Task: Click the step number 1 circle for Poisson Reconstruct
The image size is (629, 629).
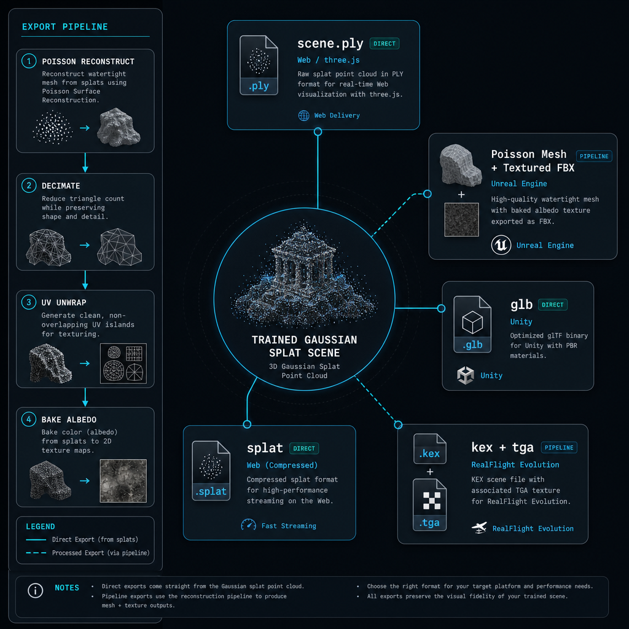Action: (29, 61)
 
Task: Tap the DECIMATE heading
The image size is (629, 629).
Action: (61, 186)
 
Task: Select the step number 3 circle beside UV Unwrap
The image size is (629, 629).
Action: (29, 302)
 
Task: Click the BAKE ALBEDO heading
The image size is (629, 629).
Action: (69, 420)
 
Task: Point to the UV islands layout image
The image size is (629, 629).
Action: (123, 364)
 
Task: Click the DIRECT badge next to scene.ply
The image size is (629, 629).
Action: (385, 44)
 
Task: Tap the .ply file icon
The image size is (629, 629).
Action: (259, 65)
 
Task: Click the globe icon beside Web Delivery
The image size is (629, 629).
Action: (303, 115)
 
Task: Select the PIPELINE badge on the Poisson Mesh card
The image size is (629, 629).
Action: (594, 156)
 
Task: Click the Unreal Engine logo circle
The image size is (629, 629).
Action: (501, 245)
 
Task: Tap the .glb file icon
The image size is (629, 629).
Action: (472, 324)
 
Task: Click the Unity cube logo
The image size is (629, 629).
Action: (466, 375)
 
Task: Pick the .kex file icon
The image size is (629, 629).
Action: (429, 448)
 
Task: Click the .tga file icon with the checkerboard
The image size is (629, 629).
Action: (429, 505)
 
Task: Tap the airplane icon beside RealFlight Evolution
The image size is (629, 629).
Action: (479, 528)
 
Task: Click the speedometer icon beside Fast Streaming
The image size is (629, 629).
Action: (248, 525)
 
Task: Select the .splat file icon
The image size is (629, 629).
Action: (211, 471)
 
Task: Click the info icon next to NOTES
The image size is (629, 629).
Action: (35, 590)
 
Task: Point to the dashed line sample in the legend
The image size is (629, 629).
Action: (36, 553)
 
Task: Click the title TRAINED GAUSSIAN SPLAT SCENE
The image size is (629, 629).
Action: (305, 346)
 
